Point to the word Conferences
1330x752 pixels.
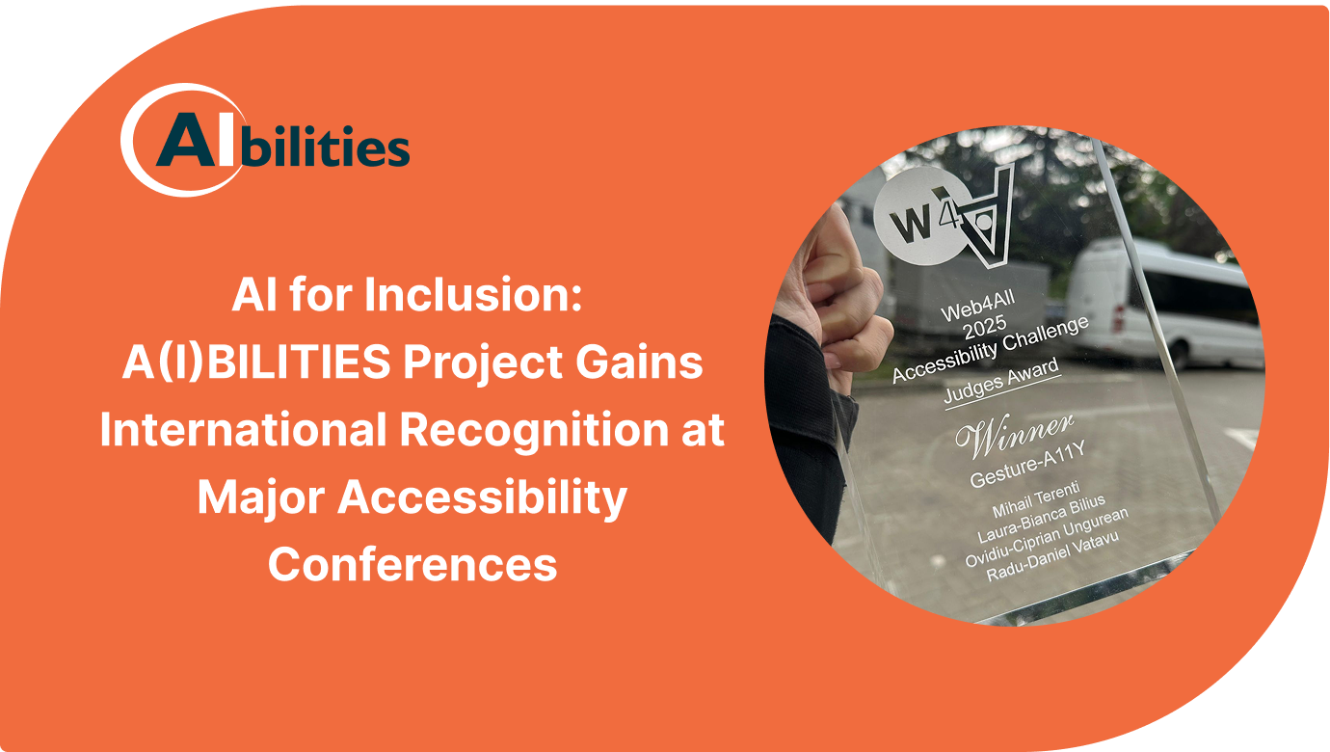[412, 563]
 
